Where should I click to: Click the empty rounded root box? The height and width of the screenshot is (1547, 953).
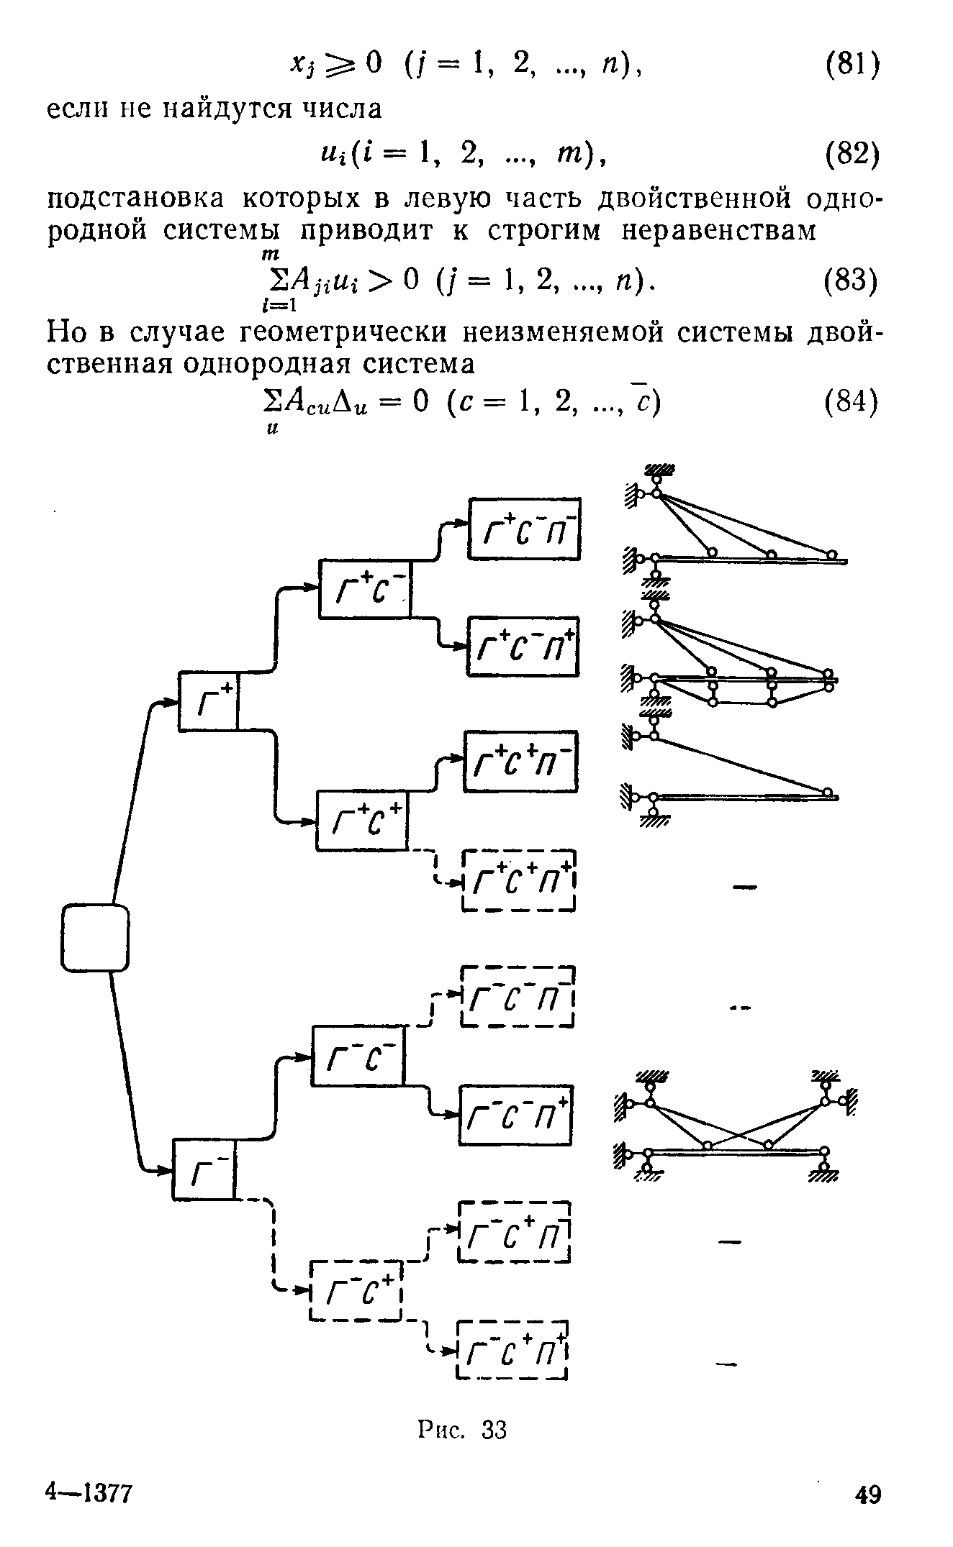pos(95,937)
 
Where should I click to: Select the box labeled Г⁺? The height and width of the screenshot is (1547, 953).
pos(208,701)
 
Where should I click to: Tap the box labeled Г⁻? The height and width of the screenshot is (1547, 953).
pos(204,1169)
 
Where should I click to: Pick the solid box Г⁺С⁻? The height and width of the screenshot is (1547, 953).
pos(365,588)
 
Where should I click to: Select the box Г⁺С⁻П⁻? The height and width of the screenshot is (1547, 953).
pos(525,528)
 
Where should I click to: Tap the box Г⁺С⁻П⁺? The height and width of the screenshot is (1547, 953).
pos(523,646)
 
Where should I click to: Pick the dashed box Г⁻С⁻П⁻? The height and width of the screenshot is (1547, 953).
pos(518,997)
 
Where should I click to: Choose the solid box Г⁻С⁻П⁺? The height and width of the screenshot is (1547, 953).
pos(516,1115)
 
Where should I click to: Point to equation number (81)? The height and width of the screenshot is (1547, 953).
pos(852,66)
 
